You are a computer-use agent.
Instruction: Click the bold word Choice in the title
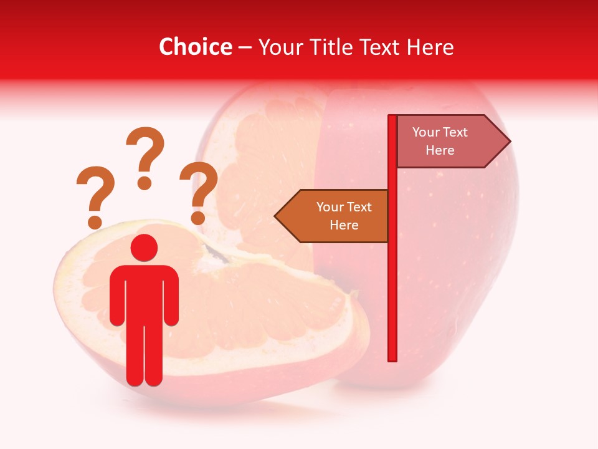point(195,47)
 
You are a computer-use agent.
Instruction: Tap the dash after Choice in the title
point(245,47)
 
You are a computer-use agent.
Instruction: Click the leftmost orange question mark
point(94,193)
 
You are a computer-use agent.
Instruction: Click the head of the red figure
point(144,248)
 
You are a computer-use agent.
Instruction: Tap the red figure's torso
point(144,293)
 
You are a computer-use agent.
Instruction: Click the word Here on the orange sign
point(344,225)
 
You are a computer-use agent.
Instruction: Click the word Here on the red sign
point(440,150)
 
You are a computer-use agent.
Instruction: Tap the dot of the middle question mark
point(145,183)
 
